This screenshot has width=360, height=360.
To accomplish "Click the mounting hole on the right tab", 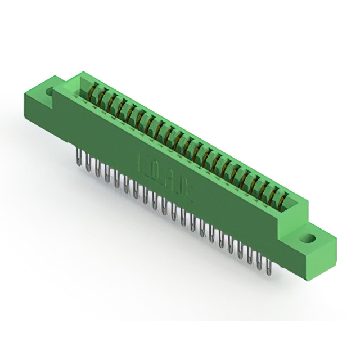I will [308, 237].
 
